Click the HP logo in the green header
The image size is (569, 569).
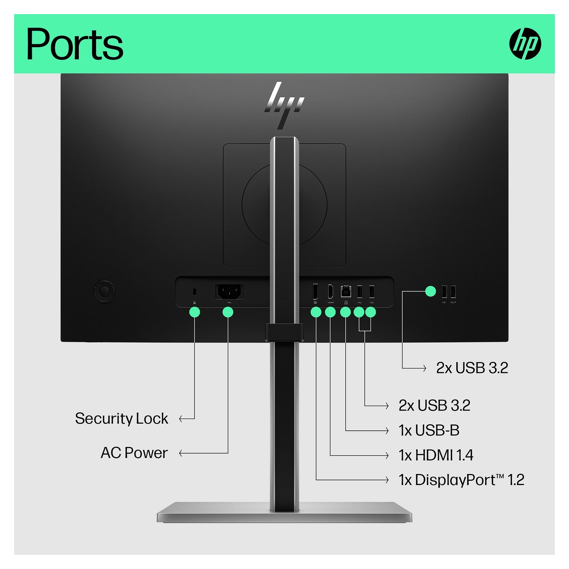tap(525, 43)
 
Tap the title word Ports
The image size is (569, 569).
tap(75, 44)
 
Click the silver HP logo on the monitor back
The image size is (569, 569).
tap(284, 106)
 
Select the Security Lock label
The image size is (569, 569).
tap(121, 419)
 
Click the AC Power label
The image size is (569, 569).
tap(134, 453)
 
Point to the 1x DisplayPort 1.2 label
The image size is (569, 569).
tap(461, 480)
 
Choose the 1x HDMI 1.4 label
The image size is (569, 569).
tap(436, 455)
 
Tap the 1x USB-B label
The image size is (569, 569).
tap(429, 430)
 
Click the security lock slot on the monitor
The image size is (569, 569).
tap(194, 292)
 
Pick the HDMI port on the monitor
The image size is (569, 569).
tap(330, 291)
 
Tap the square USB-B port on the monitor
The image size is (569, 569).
tap(345, 291)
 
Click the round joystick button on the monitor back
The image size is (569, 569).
tap(104, 291)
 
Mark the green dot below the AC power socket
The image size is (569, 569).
tap(228, 312)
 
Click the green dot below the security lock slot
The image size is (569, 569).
tap(195, 312)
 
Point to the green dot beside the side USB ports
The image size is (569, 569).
tap(430, 291)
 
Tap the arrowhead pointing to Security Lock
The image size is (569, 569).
tap(181, 419)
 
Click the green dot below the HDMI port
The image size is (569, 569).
tap(330, 312)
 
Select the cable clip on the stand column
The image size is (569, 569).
tap(284, 332)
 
